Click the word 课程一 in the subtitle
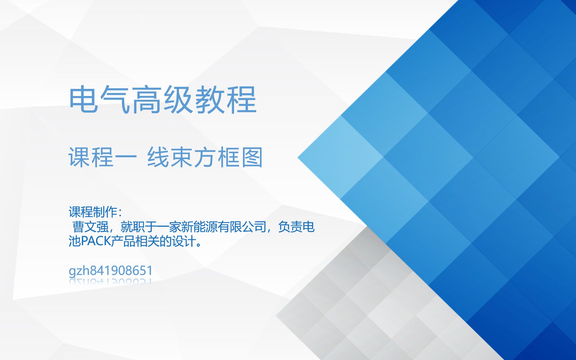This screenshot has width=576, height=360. point(103,157)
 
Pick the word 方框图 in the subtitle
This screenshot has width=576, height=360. point(228,157)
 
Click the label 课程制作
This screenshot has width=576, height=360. point(93,212)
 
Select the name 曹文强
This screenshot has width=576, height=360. point(91,227)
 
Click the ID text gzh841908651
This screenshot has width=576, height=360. point(110,271)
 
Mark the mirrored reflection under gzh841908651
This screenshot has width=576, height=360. point(110,281)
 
